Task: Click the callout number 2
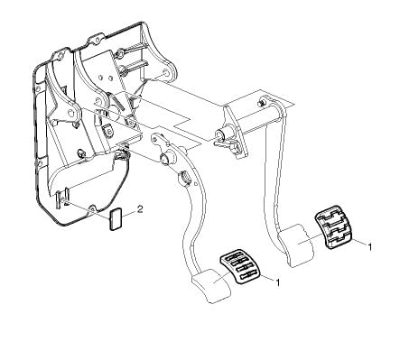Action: (x=140, y=209)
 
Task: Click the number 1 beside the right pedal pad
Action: (x=370, y=246)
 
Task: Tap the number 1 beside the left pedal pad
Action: (x=278, y=282)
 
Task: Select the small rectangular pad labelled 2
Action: (x=116, y=219)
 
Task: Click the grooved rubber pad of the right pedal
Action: (x=334, y=227)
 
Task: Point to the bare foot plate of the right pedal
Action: (x=296, y=245)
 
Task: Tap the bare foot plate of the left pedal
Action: (x=210, y=286)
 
